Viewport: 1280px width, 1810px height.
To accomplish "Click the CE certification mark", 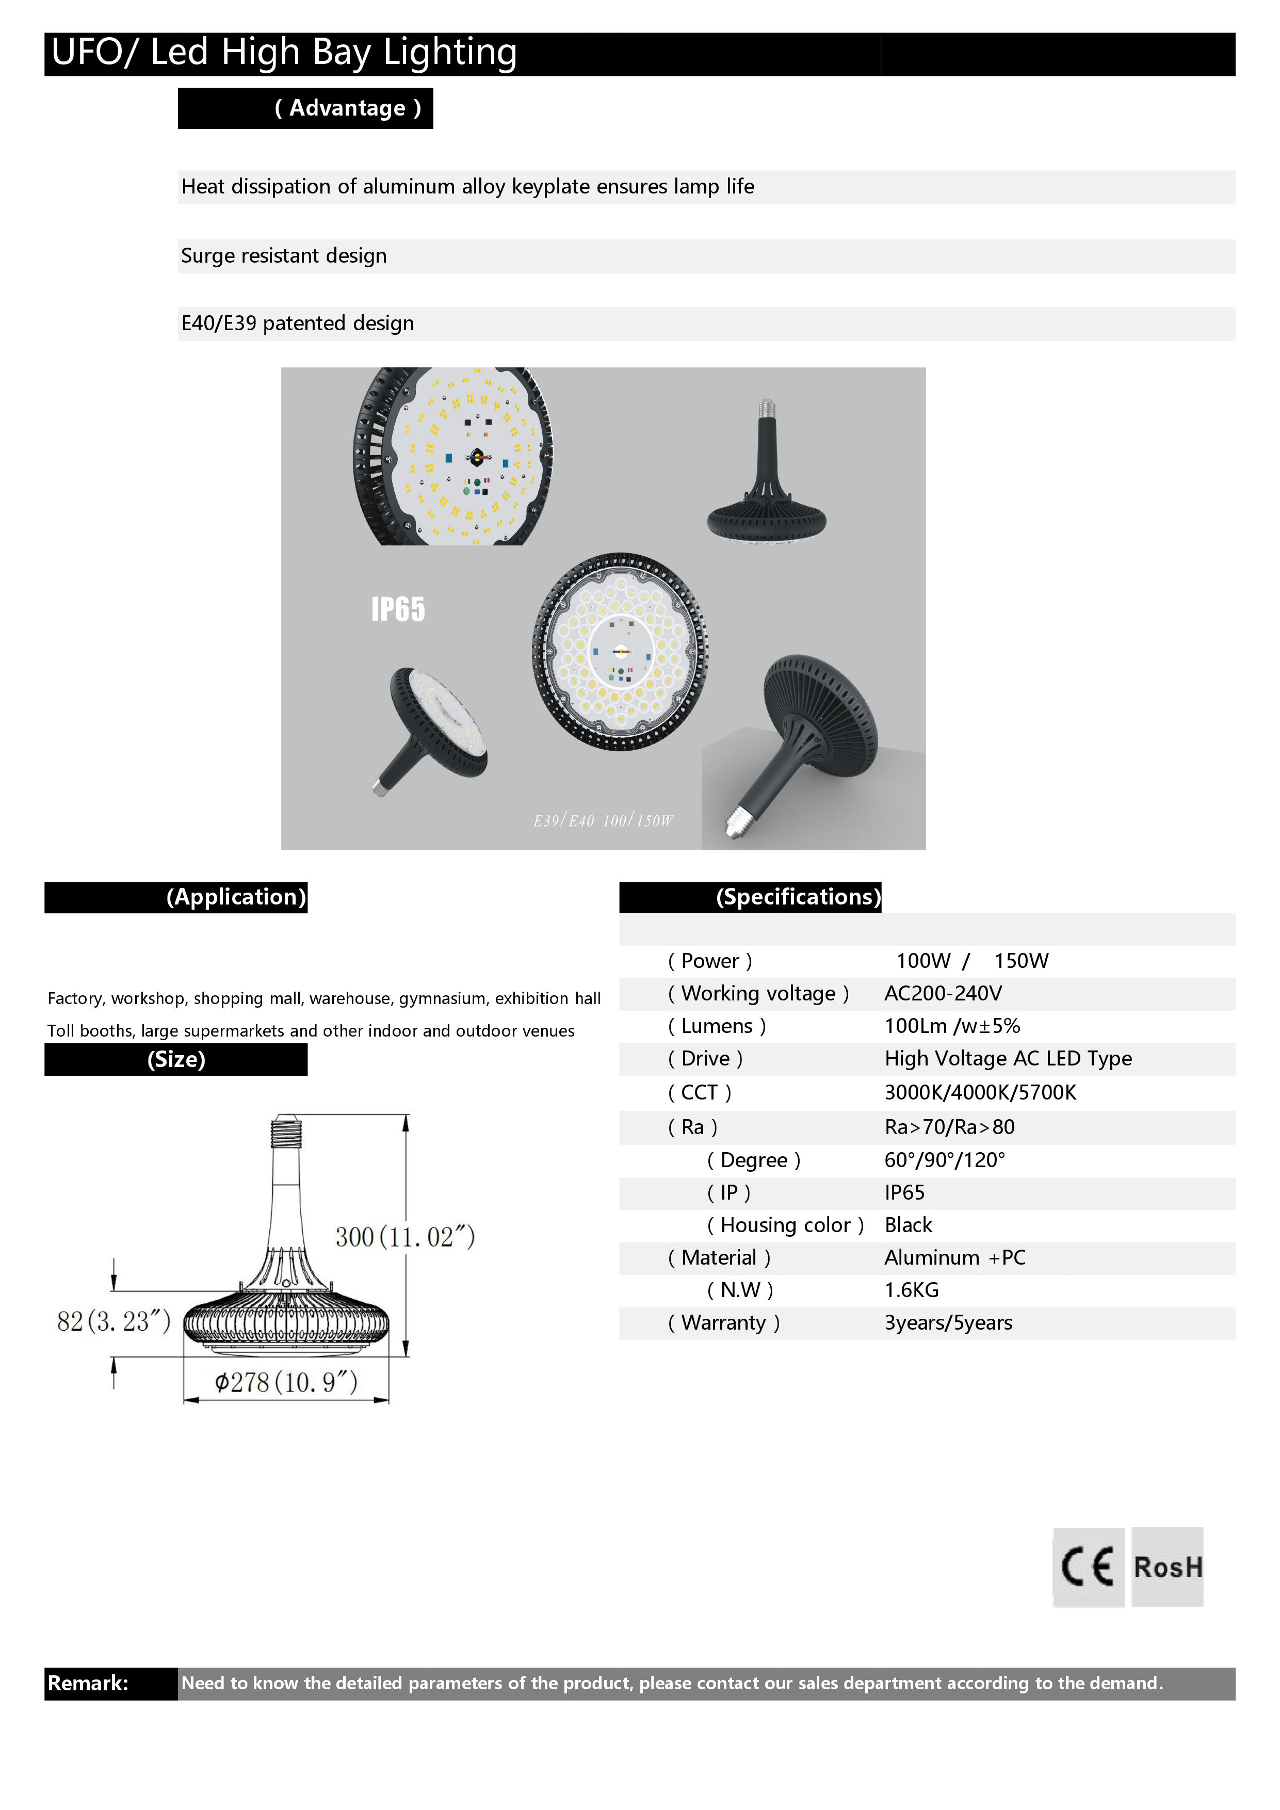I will click(1088, 1566).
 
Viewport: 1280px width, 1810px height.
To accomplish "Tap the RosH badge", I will click(1168, 1566).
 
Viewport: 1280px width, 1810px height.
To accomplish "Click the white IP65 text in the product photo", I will click(398, 609).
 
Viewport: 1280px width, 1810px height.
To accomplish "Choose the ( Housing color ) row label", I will click(785, 1224).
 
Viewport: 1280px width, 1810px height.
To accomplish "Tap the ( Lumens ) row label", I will click(717, 1026).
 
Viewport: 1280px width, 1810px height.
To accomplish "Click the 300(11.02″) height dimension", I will click(405, 1236).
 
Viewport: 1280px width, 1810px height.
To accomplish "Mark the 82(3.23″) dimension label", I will click(114, 1321).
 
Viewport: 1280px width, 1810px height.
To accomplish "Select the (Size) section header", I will click(176, 1059).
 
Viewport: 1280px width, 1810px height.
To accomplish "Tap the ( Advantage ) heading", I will click(348, 108).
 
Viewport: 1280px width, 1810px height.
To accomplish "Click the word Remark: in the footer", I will click(88, 1683).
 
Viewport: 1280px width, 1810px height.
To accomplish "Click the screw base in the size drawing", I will click(286, 1133).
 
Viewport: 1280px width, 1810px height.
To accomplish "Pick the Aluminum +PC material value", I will click(954, 1257).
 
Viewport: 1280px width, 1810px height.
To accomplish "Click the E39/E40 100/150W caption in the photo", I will click(603, 821).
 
